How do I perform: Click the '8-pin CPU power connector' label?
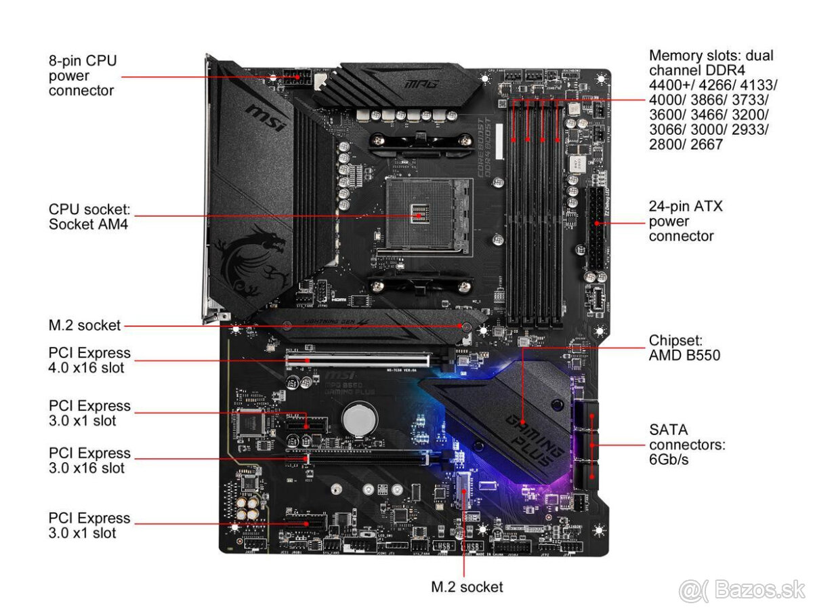[x=82, y=75]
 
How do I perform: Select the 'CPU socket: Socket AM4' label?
[x=88, y=216]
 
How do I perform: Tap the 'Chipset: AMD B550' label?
[x=684, y=347]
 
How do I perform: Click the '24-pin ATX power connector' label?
[x=685, y=221]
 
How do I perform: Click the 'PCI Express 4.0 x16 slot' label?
[x=89, y=360]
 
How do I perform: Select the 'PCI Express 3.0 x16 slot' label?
[x=89, y=460]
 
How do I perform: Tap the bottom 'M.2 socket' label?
[x=467, y=587]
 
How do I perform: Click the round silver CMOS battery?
[x=358, y=419]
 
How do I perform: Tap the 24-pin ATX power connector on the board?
[x=596, y=228]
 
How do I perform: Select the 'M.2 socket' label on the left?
[x=85, y=325]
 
